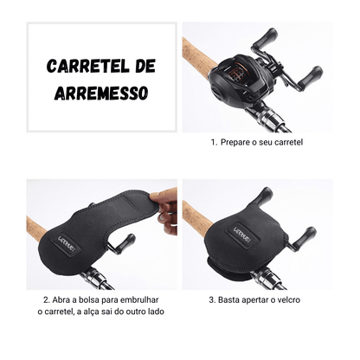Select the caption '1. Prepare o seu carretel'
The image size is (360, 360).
point(257,142)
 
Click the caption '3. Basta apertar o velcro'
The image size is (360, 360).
point(257,300)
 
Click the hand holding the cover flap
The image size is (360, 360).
point(165,210)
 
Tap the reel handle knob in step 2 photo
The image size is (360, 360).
point(128,245)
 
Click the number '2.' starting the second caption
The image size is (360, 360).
point(44,300)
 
